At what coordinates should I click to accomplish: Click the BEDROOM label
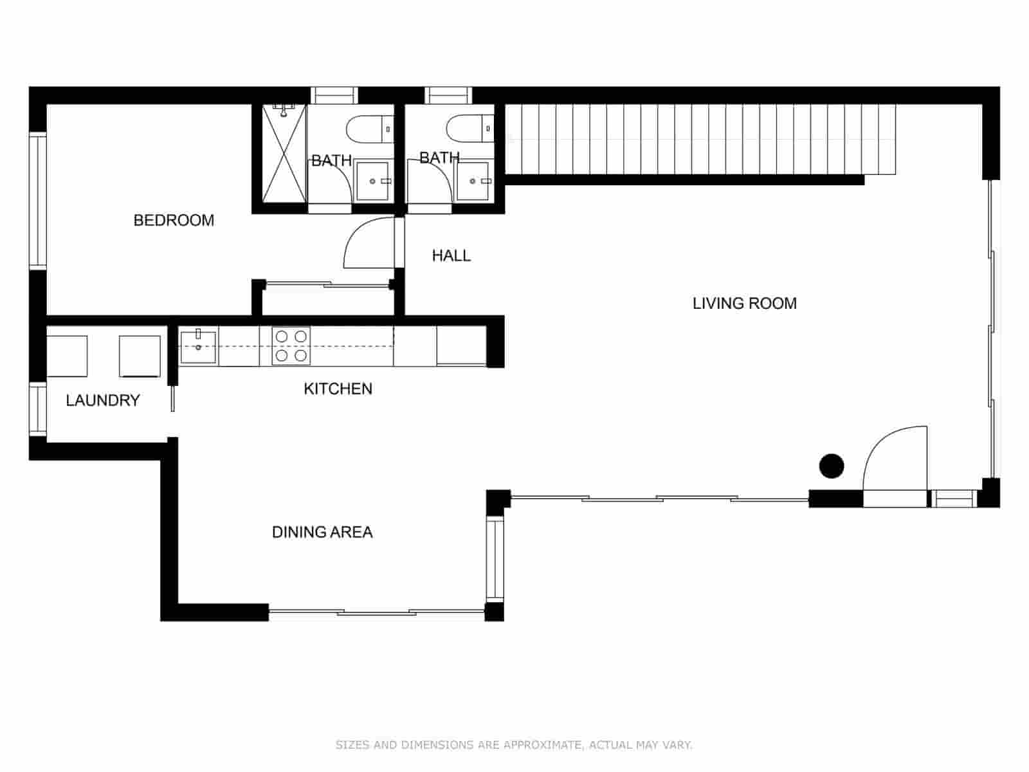(174, 221)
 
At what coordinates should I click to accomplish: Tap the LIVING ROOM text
(744, 304)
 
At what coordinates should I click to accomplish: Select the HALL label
(451, 256)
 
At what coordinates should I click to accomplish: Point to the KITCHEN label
(338, 389)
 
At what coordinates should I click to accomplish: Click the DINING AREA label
(322, 532)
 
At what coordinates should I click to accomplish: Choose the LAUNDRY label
(103, 400)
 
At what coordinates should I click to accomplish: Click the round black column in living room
(831, 466)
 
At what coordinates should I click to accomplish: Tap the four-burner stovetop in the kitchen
(291, 345)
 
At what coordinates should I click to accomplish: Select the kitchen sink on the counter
(198, 346)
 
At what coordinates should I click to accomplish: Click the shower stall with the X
(284, 154)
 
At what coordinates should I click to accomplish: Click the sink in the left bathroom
(372, 181)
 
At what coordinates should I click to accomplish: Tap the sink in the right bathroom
(473, 181)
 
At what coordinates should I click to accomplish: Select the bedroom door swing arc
(368, 243)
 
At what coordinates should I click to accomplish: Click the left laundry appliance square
(68, 356)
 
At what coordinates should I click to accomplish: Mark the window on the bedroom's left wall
(38, 200)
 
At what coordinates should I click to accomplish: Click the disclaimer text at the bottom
(514, 745)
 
